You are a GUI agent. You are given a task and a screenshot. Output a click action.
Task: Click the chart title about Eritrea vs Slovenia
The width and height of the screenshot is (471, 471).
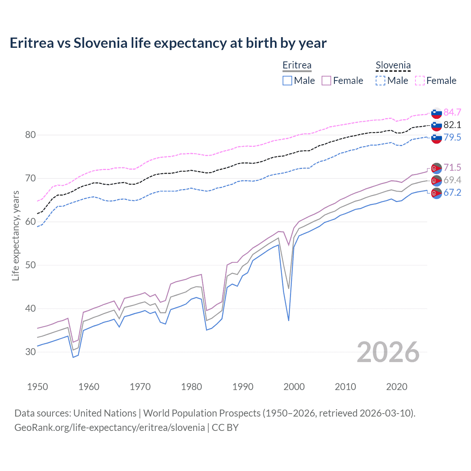pyautogui.click(x=168, y=43)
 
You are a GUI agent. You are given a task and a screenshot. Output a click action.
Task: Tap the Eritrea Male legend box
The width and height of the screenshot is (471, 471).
pyautogui.click(x=287, y=81)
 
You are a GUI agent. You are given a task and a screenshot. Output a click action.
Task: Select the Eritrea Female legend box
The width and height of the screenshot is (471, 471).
pyautogui.click(x=327, y=81)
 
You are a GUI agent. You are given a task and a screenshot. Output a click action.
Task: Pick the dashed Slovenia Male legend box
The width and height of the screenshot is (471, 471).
pyautogui.click(x=380, y=81)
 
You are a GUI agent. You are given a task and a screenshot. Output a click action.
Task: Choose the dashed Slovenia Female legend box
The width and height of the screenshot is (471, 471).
pyautogui.click(x=420, y=81)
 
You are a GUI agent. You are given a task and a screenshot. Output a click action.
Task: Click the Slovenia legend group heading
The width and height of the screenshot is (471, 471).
pyautogui.click(x=393, y=65)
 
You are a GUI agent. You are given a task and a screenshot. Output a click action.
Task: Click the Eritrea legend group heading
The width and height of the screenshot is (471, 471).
pyautogui.click(x=297, y=65)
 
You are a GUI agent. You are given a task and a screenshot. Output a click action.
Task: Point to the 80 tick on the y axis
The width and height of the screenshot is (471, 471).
pyautogui.click(x=31, y=135)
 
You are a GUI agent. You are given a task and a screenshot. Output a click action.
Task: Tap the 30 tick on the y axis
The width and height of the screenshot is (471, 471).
pyautogui.click(x=31, y=352)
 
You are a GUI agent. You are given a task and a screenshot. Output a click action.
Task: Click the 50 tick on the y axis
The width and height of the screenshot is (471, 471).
pyautogui.click(x=31, y=265)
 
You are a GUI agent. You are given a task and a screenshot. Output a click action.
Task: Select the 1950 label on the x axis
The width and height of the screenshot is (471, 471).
pyautogui.click(x=38, y=387)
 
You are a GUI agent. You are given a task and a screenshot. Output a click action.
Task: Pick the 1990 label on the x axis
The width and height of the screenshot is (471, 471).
pyautogui.click(x=243, y=387)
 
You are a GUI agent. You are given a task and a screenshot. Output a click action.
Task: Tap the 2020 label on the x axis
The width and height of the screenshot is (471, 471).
pyautogui.click(x=397, y=387)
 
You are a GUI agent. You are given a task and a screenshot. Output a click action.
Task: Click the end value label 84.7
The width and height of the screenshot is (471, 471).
pyautogui.click(x=452, y=112)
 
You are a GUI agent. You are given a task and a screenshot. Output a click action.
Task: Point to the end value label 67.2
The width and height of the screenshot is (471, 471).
pyautogui.click(x=452, y=192)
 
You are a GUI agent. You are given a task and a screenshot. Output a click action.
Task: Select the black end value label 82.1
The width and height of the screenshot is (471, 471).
pyautogui.click(x=452, y=125)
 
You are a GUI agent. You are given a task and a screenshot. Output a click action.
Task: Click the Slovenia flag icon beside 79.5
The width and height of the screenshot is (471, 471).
pyautogui.click(x=436, y=138)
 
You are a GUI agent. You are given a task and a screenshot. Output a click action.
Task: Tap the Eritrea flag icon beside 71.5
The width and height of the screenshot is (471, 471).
pyautogui.click(x=436, y=168)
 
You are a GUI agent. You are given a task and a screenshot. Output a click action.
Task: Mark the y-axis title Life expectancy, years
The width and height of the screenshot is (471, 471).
pyautogui.click(x=16, y=235)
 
